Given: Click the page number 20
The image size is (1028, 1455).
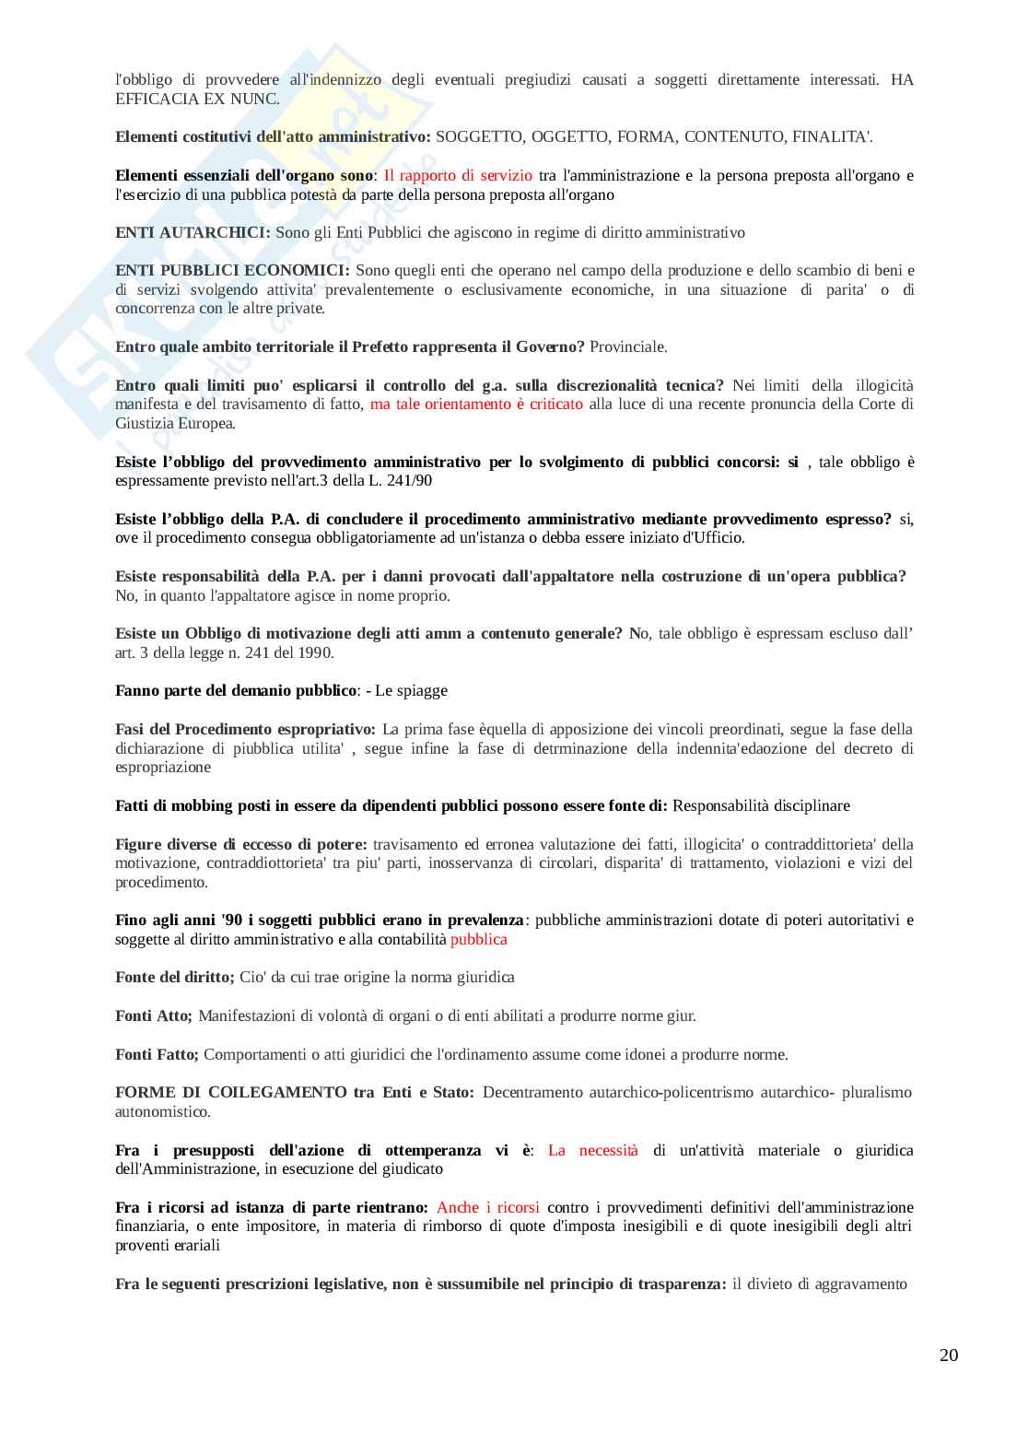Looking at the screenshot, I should (948, 1355).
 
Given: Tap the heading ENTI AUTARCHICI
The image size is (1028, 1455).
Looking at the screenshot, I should (193, 232).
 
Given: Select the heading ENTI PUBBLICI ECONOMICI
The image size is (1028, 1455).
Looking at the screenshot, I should (232, 270).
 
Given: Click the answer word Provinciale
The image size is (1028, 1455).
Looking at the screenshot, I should (628, 346).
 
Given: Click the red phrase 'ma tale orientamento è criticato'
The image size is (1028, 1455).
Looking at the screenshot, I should (476, 404).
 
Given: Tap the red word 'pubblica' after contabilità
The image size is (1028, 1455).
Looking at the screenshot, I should (479, 939).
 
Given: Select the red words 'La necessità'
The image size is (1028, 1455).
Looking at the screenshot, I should (592, 1150).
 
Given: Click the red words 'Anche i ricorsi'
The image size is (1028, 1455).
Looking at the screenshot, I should (488, 1207).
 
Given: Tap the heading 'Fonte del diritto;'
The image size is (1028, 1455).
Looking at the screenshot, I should (175, 977).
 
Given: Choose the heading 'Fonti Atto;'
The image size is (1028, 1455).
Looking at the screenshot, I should (154, 1015).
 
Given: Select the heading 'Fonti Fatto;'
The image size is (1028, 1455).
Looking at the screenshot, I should (157, 1054).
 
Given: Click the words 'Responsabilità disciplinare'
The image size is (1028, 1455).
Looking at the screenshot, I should (761, 805).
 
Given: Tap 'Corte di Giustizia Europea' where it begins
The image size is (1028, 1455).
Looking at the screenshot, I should (875, 404).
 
